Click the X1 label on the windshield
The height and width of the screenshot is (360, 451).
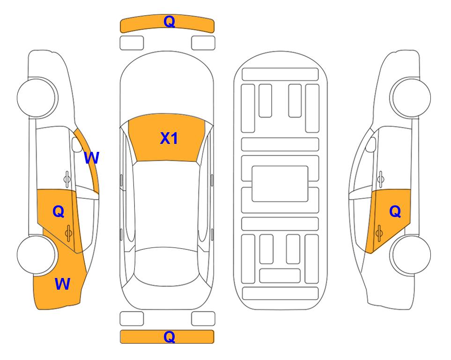[169, 138]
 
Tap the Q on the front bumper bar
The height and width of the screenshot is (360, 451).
[169, 21]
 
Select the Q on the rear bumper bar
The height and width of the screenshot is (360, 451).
[169, 337]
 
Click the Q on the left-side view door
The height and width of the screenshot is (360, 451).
[59, 212]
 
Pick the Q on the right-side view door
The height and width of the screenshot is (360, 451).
[395, 212]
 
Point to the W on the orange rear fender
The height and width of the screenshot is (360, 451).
[62, 284]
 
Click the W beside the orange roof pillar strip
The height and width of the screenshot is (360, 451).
[91, 157]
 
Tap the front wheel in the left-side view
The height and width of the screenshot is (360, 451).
[37, 97]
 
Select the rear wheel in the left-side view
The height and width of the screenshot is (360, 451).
[36, 255]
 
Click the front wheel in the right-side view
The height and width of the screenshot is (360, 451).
[410, 97]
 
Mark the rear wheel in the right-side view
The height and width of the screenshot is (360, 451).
[411, 255]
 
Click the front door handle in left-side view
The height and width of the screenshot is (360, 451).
[67, 179]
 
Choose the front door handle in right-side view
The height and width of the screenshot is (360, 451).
[380, 179]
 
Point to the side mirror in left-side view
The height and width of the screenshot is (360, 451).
[77, 144]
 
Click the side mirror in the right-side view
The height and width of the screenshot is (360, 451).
[371, 144]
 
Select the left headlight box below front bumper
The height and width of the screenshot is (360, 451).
[132, 43]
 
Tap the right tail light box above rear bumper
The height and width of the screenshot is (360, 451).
[203, 319]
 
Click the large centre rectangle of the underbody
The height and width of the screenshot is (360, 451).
[280, 184]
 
